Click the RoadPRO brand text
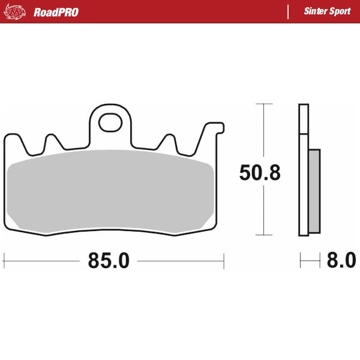click(x=56, y=11)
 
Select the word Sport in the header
click(x=340, y=11)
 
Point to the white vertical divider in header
click(x=289, y=11)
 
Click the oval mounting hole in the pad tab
click(x=110, y=123)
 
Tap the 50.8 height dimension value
click(x=259, y=173)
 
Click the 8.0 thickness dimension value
click(x=341, y=260)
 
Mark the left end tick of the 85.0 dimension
click(x=4, y=260)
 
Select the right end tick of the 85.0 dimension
click(x=223, y=260)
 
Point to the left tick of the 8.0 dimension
click(x=301, y=260)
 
